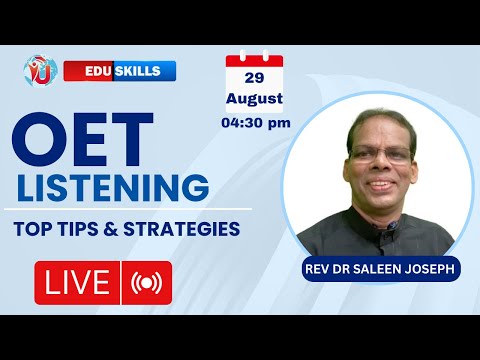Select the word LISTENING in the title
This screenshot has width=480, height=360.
point(111,187)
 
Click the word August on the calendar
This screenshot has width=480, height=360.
point(254,99)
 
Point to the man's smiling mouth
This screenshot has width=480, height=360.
point(378,187)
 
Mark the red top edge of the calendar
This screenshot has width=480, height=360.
point(254,60)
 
